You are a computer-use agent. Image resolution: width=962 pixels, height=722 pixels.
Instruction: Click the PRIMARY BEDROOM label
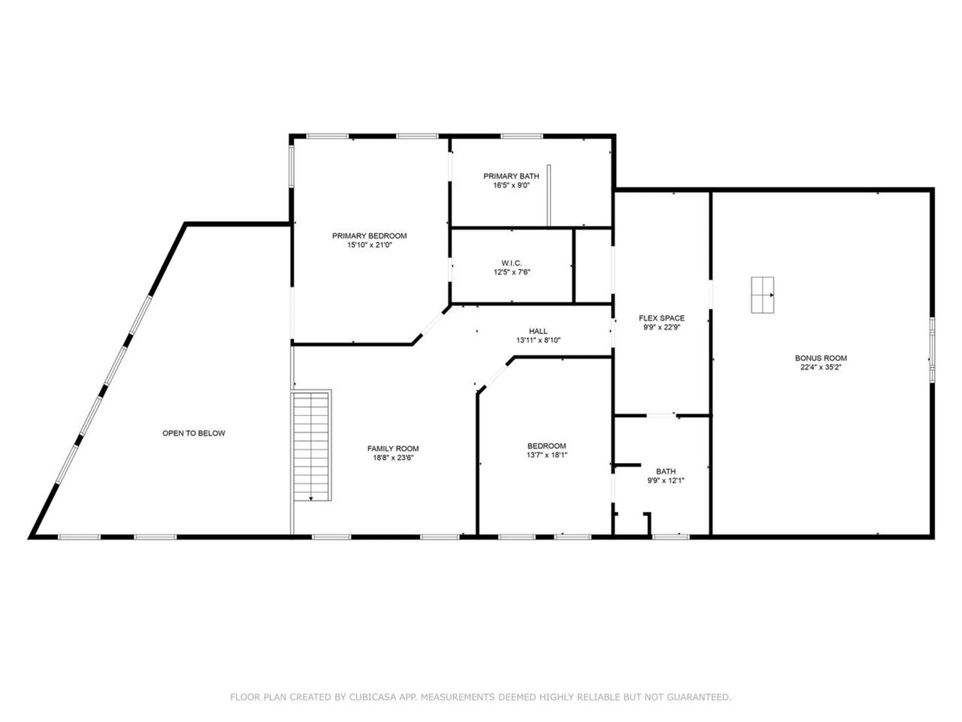[369, 236]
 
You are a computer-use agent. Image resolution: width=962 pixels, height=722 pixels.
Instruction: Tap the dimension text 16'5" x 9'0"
[511, 185]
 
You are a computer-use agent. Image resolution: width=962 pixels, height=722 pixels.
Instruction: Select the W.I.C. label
[511, 263]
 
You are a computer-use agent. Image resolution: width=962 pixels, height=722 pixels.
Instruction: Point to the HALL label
[538, 331]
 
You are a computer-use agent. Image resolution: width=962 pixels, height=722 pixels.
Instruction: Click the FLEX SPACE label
[661, 318]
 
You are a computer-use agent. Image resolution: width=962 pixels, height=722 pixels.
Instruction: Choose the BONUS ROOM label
[821, 358]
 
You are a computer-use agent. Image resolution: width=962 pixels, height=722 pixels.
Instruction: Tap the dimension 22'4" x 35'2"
[821, 367]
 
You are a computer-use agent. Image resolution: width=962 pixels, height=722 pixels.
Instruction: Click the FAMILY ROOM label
[393, 449]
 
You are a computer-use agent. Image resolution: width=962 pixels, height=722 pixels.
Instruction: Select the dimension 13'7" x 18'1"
[547, 455]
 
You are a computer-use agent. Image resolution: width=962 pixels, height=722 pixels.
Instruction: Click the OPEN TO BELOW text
[193, 433]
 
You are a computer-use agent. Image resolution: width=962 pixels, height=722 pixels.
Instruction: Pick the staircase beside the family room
[311, 445]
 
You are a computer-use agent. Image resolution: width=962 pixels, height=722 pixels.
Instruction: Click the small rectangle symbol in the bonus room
[762, 295]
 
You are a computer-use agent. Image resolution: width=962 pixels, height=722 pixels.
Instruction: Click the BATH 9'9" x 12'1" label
[665, 471]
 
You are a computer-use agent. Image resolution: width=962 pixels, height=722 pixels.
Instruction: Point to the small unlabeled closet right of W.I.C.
[593, 266]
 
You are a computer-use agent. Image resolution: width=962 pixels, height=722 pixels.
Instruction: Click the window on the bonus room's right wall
[932, 350]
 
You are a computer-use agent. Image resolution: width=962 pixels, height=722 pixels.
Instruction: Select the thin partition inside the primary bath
[549, 196]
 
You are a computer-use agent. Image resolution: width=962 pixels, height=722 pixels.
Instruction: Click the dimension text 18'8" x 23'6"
[393, 458]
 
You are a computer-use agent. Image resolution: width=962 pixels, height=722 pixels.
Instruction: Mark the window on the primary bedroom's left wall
[292, 166]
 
